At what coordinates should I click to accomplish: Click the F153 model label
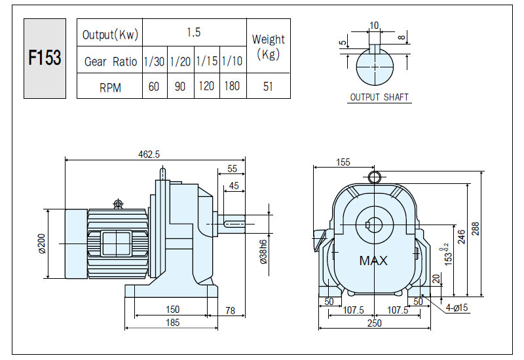(45, 58)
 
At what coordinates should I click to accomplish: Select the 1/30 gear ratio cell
(154, 61)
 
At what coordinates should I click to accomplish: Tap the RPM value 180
(232, 86)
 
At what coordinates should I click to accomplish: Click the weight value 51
(268, 86)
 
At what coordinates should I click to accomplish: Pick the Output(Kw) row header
(110, 35)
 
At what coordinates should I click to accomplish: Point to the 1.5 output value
(194, 32)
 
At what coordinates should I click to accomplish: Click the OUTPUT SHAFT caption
(379, 97)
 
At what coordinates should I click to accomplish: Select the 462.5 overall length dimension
(149, 154)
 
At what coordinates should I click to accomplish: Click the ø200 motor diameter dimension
(42, 243)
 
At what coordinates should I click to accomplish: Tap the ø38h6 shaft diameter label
(264, 252)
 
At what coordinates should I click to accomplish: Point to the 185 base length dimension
(173, 322)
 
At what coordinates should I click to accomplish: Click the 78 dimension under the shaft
(230, 310)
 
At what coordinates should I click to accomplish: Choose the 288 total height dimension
(476, 228)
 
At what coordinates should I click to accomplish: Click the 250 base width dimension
(374, 323)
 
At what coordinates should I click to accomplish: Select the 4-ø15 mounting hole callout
(457, 307)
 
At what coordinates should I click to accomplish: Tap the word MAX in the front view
(373, 261)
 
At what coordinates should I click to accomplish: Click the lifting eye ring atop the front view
(374, 177)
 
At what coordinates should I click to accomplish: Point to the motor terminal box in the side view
(116, 244)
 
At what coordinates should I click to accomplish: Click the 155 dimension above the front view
(343, 162)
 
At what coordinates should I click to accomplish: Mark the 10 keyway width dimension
(374, 26)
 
